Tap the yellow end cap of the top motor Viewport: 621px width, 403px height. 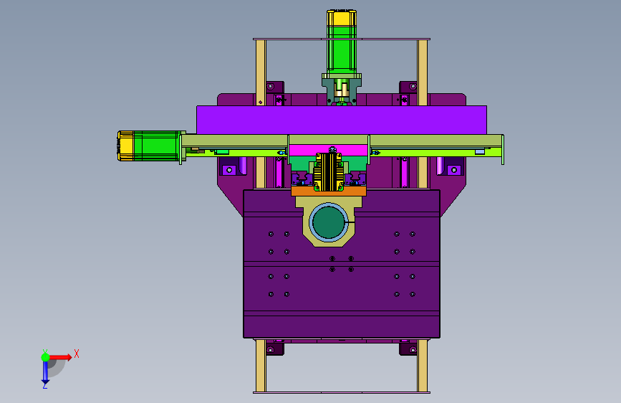coord(342,17)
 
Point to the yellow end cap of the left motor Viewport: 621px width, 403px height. coord(125,146)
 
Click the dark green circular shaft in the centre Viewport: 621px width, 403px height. coord(328,222)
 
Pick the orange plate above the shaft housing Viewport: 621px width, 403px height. coord(329,191)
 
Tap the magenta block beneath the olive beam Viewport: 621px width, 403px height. coord(329,150)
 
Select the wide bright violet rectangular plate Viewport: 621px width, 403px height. coord(342,120)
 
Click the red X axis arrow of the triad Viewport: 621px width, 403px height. coord(59,357)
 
